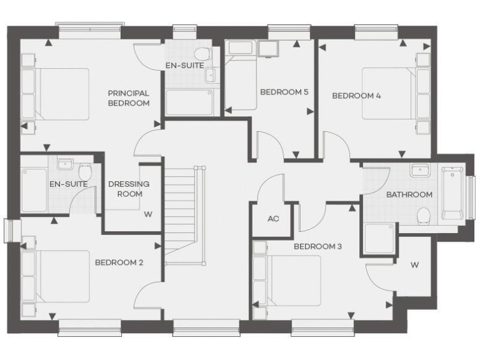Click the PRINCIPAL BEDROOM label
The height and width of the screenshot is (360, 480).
[128, 98]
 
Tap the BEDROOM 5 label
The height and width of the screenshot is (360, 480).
[284, 92]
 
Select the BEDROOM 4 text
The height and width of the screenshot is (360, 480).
[356, 96]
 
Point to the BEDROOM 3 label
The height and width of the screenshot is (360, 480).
[317, 246]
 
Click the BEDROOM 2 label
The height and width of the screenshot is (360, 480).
[119, 262]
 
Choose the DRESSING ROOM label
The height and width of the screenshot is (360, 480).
[129, 189]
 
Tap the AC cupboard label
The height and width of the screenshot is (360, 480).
[272, 219]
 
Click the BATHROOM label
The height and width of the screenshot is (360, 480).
[409, 194]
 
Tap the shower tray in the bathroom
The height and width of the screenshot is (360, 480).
[379, 239]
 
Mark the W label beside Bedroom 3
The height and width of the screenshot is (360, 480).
[414, 265]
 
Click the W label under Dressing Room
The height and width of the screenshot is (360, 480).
[148, 214]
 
